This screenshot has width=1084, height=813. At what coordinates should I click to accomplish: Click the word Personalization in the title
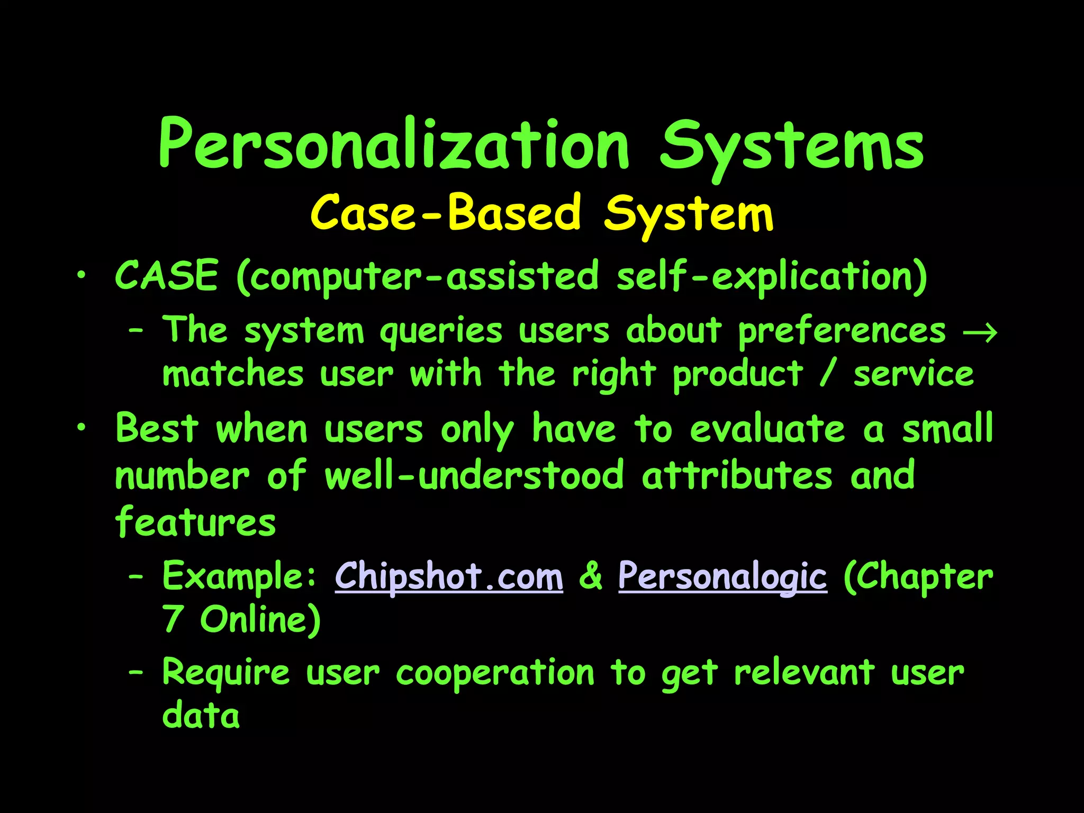click(394, 144)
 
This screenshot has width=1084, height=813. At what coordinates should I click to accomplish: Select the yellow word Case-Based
click(446, 213)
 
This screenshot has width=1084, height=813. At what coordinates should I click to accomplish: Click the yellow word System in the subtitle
click(689, 214)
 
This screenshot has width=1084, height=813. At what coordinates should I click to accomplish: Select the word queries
click(441, 332)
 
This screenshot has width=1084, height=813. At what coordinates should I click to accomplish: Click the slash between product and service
click(828, 374)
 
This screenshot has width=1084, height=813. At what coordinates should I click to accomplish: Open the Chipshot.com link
click(449, 576)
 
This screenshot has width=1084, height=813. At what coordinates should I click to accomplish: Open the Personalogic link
click(722, 576)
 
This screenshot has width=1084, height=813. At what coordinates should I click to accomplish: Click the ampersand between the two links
click(591, 576)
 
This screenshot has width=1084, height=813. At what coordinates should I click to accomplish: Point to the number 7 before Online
click(173, 619)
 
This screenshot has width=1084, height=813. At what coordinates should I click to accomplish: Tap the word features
click(195, 522)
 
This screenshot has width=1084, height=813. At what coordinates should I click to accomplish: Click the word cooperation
click(495, 673)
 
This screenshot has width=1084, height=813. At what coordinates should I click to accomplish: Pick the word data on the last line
click(201, 716)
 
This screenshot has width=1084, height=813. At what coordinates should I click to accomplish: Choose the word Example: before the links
click(239, 576)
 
